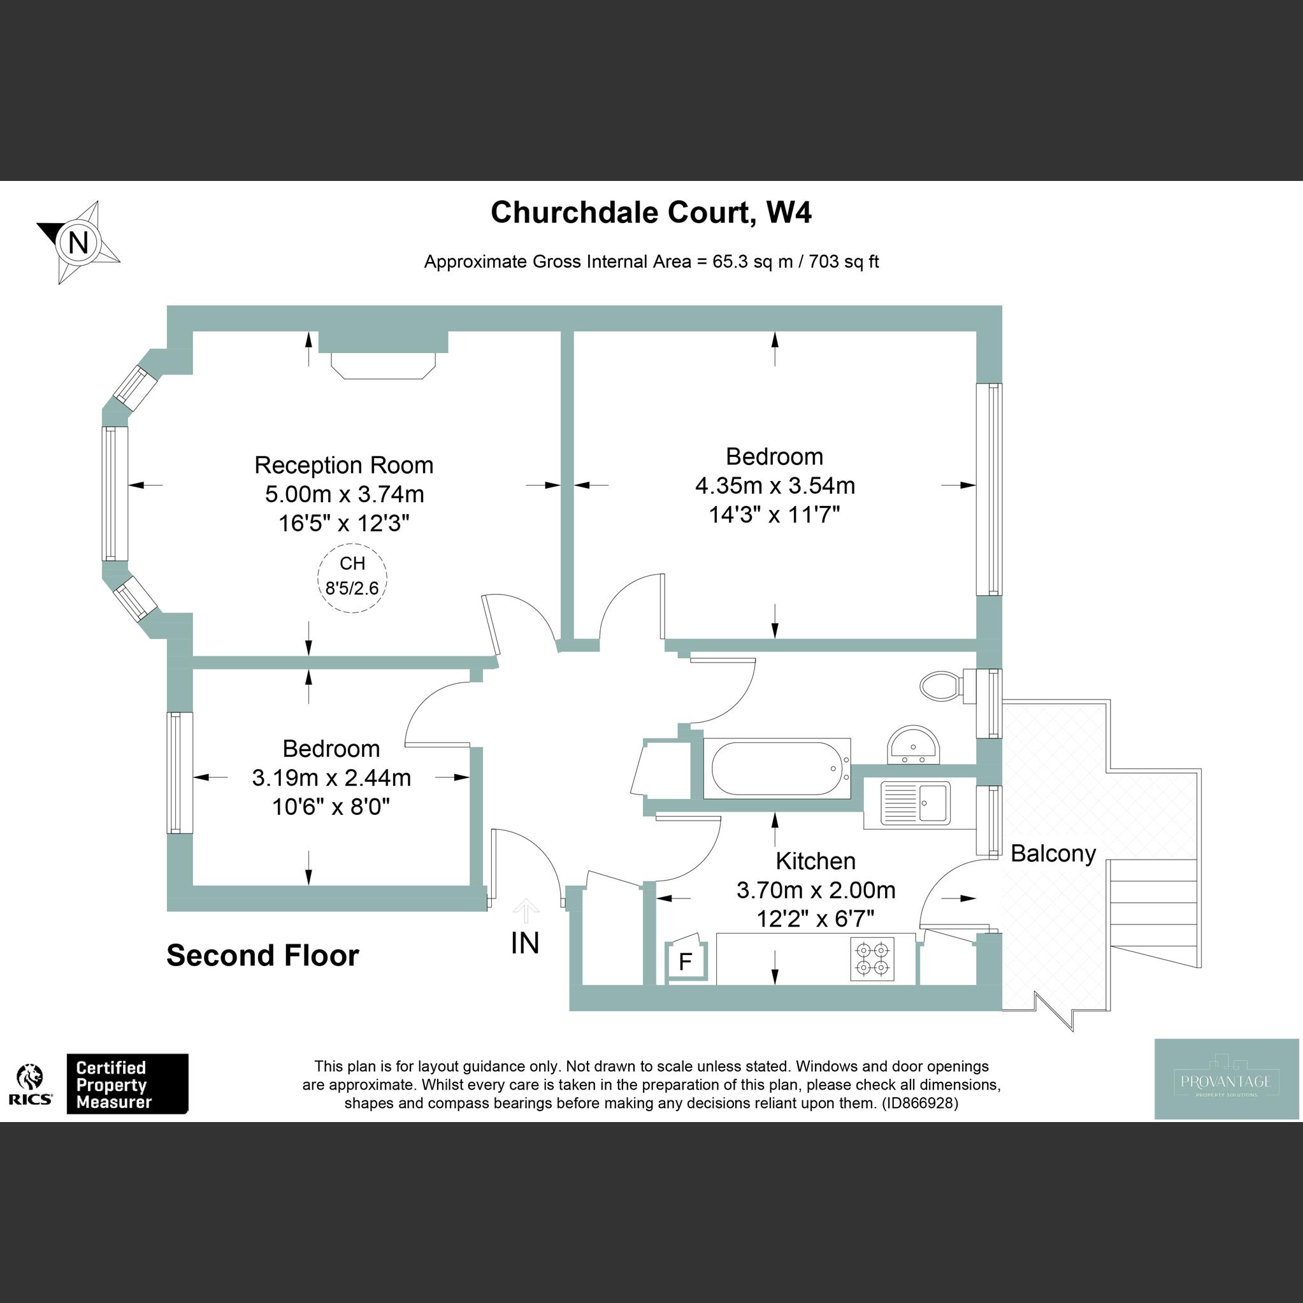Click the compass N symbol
pyautogui.click(x=78, y=241)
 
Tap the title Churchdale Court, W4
pyautogui.click(x=651, y=212)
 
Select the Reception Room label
pyautogui.click(x=344, y=465)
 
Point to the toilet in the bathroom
pyautogui.click(x=940, y=685)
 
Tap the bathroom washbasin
pyautogui.click(x=914, y=746)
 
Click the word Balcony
pyautogui.click(x=1053, y=854)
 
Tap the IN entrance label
pyautogui.click(x=526, y=944)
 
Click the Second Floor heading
pyautogui.click(x=263, y=956)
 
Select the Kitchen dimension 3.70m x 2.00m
pyautogui.click(x=816, y=890)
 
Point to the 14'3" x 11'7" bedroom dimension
pyautogui.click(x=774, y=515)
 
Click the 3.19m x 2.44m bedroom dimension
pyautogui.click(x=332, y=777)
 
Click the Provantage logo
pyautogui.click(x=1226, y=1080)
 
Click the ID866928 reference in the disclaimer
pyautogui.click(x=919, y=1104)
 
